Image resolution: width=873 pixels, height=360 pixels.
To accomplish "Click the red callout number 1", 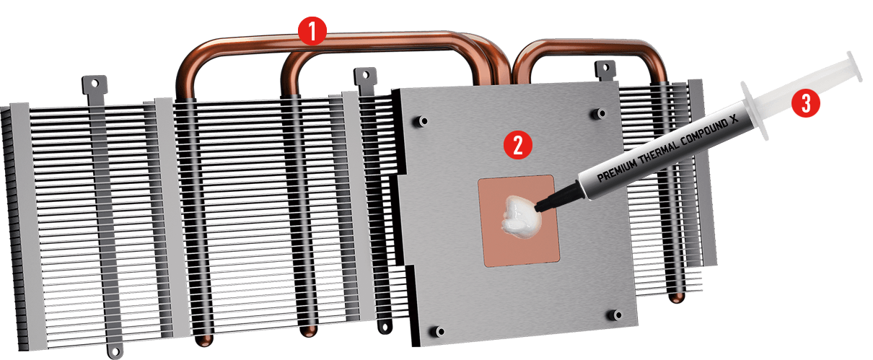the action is coord(312,31).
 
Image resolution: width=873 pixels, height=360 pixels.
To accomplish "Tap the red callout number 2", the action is coord(517,145).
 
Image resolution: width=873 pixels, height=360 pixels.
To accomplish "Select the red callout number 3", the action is coord(806,103).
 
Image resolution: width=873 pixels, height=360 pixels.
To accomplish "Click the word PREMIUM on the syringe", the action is coord(618,168).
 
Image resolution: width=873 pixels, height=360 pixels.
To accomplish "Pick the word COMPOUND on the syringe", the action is coord(704,131).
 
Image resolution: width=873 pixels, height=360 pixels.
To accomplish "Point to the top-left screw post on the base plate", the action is coord(421,120).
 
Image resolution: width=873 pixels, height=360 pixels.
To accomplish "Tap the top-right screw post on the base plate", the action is coord(600,113).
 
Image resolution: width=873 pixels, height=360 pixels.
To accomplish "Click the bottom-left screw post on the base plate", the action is coord(438,332).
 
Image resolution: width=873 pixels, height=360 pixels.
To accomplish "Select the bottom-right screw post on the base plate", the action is coord(615,315).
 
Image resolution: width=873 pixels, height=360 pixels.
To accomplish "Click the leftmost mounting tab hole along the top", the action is coord(95,84).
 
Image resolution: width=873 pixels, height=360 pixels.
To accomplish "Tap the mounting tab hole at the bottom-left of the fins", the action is coord(115,352).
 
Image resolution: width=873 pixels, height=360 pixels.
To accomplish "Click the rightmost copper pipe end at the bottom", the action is coord(677,297).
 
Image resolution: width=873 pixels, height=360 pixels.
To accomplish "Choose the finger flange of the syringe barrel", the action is coord(755,110).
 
